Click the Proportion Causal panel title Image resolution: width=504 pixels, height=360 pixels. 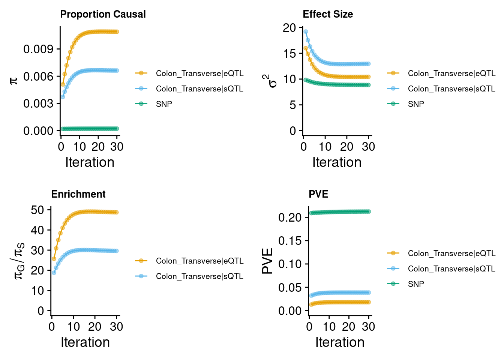coord(103,14)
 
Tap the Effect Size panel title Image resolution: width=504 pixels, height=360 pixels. coord(328,14)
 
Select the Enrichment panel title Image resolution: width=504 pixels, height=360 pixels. coord(78,194)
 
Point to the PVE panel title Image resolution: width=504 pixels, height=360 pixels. coord(318,194)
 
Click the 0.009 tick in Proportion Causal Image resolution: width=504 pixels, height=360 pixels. coord(38,49)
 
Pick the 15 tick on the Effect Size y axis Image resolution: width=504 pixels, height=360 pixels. coord(290,54)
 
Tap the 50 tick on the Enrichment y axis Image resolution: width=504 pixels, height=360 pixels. coord(37,210)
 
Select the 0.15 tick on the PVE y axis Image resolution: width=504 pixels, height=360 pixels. coord(290,241)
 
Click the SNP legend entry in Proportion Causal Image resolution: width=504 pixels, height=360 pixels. coord(164,104)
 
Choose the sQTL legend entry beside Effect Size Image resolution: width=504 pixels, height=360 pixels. coord(451,89)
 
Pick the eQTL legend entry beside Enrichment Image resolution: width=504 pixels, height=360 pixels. coord(199,261)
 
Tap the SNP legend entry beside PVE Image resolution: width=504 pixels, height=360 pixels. coord(416,284)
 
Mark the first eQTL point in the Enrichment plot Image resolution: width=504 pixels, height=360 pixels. coord(54,259)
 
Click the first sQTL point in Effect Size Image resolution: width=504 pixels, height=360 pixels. coord(306,32)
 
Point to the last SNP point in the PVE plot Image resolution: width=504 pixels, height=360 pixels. coord(369,211)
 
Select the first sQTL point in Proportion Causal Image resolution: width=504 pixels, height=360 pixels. coord(63,97)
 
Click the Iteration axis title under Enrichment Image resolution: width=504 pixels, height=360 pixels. coord(85,342)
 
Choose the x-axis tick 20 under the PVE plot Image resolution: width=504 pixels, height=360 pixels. coord(348,327)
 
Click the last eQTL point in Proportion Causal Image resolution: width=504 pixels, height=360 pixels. coord(117,32)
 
